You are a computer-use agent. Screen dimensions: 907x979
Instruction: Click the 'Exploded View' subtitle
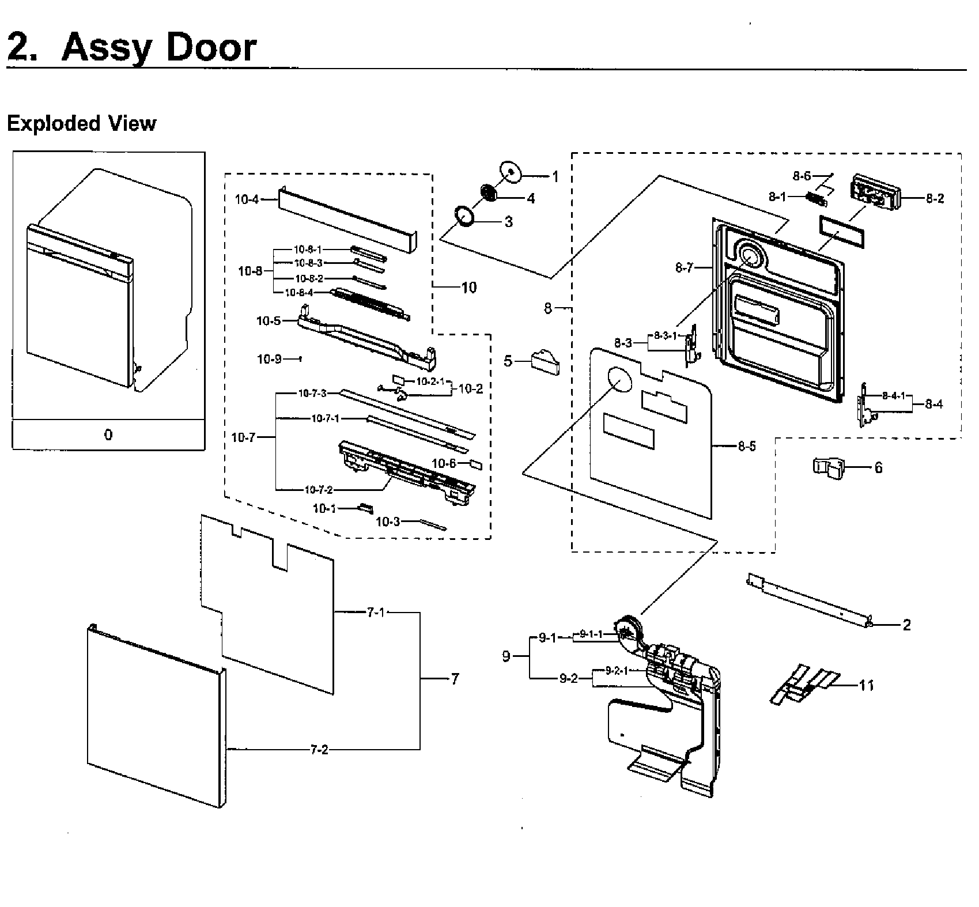81,123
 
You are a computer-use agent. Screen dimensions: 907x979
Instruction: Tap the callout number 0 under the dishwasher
108,435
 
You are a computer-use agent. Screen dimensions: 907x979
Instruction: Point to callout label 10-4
247,199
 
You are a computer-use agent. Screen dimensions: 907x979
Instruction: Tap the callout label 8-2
935,198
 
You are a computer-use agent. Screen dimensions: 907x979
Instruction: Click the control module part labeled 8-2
874,192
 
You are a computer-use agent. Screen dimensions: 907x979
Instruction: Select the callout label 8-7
684,267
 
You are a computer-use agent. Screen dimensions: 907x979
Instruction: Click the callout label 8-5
747,446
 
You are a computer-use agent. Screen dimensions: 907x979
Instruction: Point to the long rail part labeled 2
807,599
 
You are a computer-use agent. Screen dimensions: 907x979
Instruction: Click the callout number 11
866,685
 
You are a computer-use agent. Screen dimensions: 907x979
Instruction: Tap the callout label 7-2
319,750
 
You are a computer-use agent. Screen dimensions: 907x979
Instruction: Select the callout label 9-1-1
591,634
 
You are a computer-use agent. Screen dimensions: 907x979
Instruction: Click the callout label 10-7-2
318,490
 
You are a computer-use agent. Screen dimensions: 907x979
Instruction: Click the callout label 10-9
269,359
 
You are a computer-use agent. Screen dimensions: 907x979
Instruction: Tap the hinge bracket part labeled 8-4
865,406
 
